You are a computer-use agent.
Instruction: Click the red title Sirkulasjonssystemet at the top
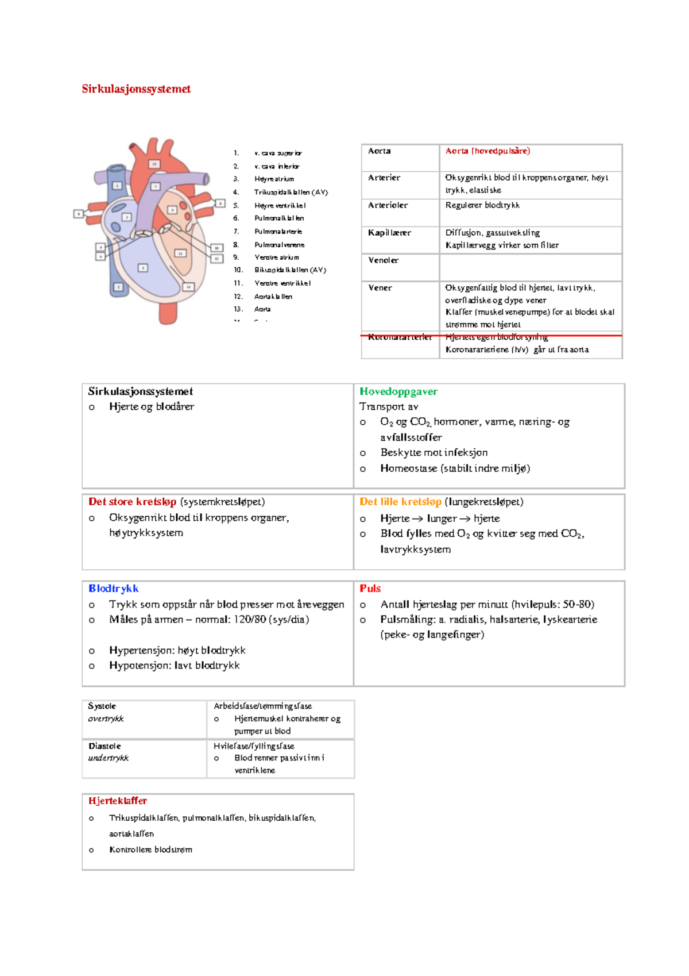[x=136, y=89]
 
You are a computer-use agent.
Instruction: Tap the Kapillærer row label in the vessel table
[x=389, y=233]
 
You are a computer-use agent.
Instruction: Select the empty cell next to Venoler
[x=530, y=267]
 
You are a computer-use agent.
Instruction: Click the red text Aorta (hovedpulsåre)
[x=487, y=151]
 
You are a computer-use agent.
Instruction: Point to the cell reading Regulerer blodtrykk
[x=482, y=205]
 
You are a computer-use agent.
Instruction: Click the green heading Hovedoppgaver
[x=398, y=391]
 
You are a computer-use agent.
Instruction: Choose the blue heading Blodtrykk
[x=113, y=589]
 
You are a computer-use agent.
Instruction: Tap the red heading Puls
[x=370, y=589]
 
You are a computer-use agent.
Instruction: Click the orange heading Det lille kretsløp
[x=400, y=502]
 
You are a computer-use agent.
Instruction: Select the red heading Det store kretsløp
[x=132, y=502]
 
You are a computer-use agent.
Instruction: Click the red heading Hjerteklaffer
[x=117, y=801]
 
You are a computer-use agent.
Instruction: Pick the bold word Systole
[x=102, y=706]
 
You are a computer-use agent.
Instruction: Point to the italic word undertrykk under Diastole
[x=108, y=758]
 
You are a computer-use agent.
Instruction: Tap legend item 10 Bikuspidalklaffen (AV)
[x=290, y=270]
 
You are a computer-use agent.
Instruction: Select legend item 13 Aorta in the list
[x=262, y=309]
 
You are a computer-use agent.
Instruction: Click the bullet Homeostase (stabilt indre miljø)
[x=455, y=468]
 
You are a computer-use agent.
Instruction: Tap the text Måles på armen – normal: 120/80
[x=209, y=620]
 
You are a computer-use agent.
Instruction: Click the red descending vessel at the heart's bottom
[x=168, y=310]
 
